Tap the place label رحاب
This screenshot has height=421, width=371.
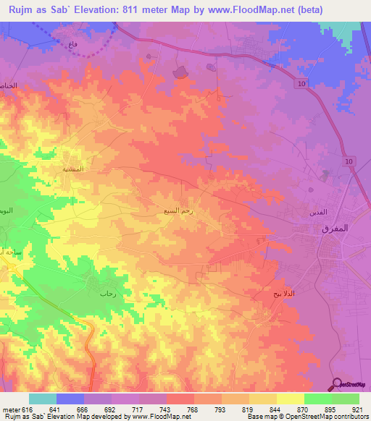tap(108, 294)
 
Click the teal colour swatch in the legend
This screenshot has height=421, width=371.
tap(43, 399)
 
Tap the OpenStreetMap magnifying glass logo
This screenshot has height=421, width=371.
tap(336, 383)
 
